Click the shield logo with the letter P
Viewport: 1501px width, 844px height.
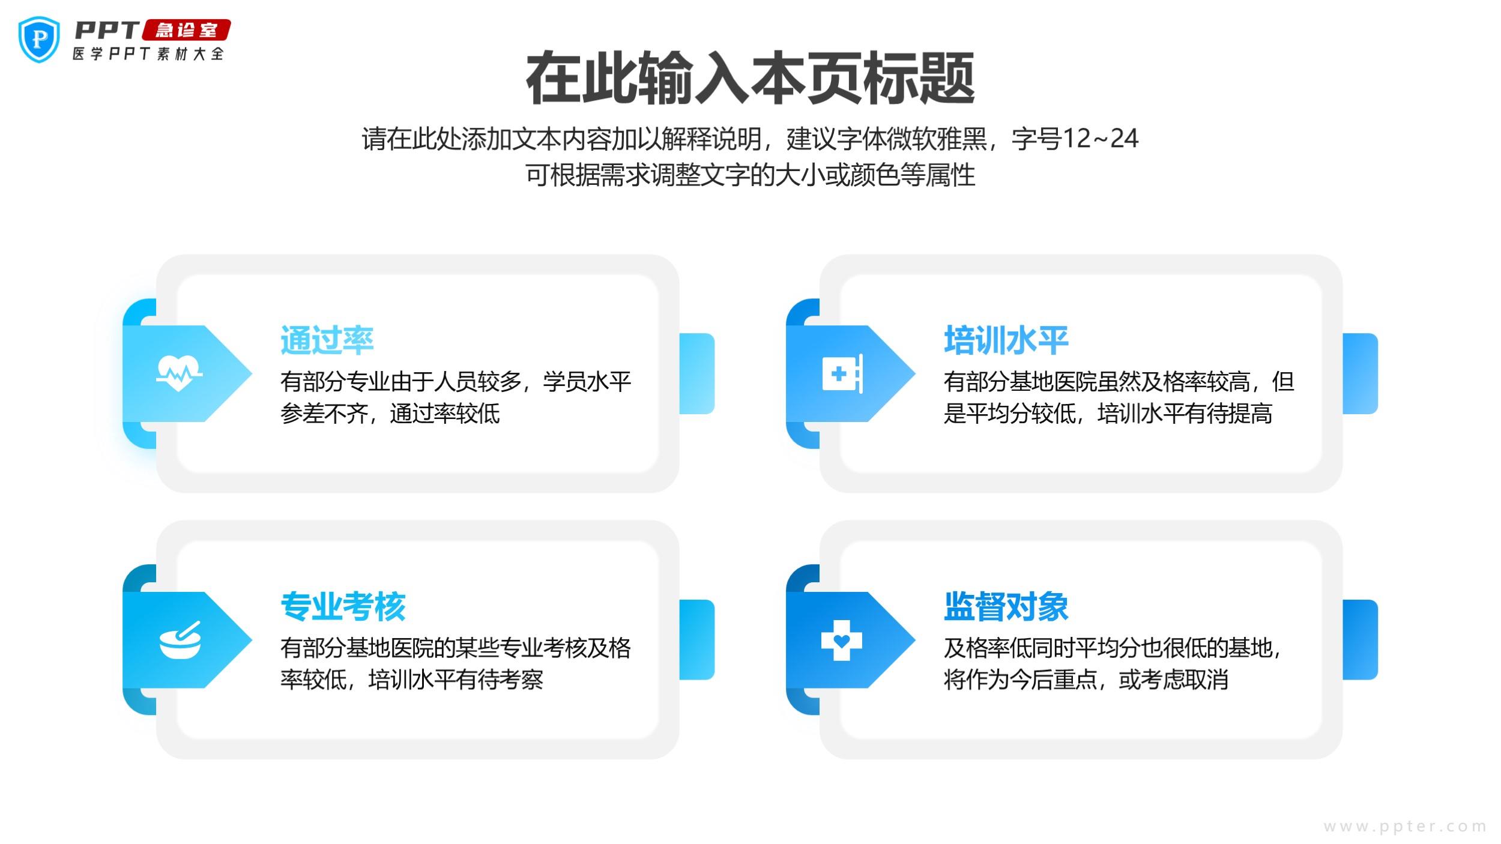tap(39, 39)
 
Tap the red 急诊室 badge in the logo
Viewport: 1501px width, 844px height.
tap(186, 30)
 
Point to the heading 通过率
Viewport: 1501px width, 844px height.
tap(327, 340)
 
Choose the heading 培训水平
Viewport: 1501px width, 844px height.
tap(1006, 340)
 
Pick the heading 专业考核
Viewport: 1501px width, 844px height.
tap(343, 606)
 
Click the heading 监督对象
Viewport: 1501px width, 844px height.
tap(1006, 606)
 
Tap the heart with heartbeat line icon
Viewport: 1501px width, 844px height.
tap(179, 373)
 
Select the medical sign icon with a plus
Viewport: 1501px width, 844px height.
tap(842, 373)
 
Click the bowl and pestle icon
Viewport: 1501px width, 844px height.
tap(180, 641)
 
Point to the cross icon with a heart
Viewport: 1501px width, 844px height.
tap(841, 641)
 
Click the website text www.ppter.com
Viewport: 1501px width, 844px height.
tap(1404, 827)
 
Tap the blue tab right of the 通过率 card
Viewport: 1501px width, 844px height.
tap(697, 373)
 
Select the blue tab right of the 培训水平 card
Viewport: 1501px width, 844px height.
tap(1360, 373)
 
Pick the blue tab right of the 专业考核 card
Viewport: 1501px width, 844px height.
tap(697, 640)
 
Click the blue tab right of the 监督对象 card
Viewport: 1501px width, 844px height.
tap(1360, 640)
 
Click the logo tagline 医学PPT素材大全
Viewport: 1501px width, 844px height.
tap(148, 54)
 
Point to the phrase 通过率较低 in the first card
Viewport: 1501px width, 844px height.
tap(445, 414)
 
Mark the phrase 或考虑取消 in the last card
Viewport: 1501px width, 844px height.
tap(1173, 680)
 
